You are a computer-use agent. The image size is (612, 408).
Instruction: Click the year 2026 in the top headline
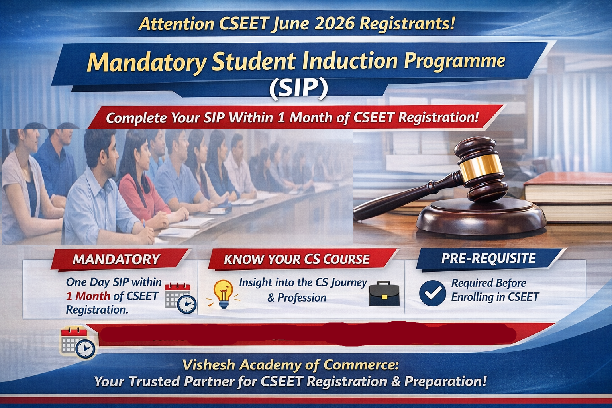(334, 24)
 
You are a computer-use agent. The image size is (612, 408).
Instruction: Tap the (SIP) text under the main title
(298, 88)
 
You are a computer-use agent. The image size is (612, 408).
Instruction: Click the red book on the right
(568, 187)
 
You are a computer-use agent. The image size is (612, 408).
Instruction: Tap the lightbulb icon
(223, 293)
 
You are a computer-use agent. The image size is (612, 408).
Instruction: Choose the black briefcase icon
(384, 294)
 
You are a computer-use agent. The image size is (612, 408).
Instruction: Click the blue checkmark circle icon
(432, 293)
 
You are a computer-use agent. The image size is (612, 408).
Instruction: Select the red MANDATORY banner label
(116, 259)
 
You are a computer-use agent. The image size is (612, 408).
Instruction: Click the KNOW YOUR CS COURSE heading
(296, 259)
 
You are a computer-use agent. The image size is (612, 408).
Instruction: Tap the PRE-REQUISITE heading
(488, 259)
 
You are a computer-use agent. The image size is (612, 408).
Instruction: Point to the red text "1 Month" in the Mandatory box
(88, 296)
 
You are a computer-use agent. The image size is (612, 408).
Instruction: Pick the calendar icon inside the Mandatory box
(180, 297)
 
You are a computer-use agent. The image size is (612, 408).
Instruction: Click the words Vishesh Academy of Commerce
(290, 365)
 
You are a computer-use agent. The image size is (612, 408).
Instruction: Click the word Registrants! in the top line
(407, 24)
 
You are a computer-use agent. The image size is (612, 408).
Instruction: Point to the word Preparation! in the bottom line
(445, 381)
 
